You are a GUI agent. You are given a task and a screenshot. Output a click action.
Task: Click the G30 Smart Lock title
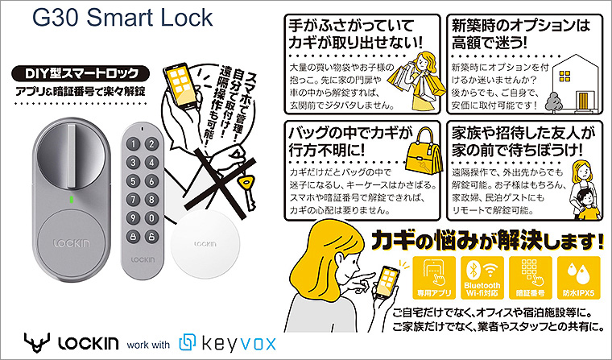coord(122,19)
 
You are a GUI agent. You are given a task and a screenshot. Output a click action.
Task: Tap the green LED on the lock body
coord(71,200)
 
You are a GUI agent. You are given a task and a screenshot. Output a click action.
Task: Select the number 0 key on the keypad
coord(151,218)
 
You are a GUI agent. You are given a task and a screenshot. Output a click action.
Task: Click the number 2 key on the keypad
coord(151,144)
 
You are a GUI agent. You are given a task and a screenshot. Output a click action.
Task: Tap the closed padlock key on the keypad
coord(133,236)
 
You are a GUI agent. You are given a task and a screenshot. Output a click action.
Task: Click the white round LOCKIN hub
coord(205,245)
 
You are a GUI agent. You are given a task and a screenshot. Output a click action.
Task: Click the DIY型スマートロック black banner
coord(81,73)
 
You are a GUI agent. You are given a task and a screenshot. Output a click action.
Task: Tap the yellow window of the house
coord(564,76)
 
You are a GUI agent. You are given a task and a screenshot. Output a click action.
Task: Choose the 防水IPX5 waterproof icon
coord(578,277)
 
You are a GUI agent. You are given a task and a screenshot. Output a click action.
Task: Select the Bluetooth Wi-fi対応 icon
coord(482,277)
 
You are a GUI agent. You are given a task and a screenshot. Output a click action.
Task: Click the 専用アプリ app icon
coord(434,277)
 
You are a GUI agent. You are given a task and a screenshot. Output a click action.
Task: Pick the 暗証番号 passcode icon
coord(531,277)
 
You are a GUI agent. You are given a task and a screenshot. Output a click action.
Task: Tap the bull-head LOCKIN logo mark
coord(36,343)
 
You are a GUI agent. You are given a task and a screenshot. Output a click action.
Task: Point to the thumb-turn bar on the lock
coord(72,156)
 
